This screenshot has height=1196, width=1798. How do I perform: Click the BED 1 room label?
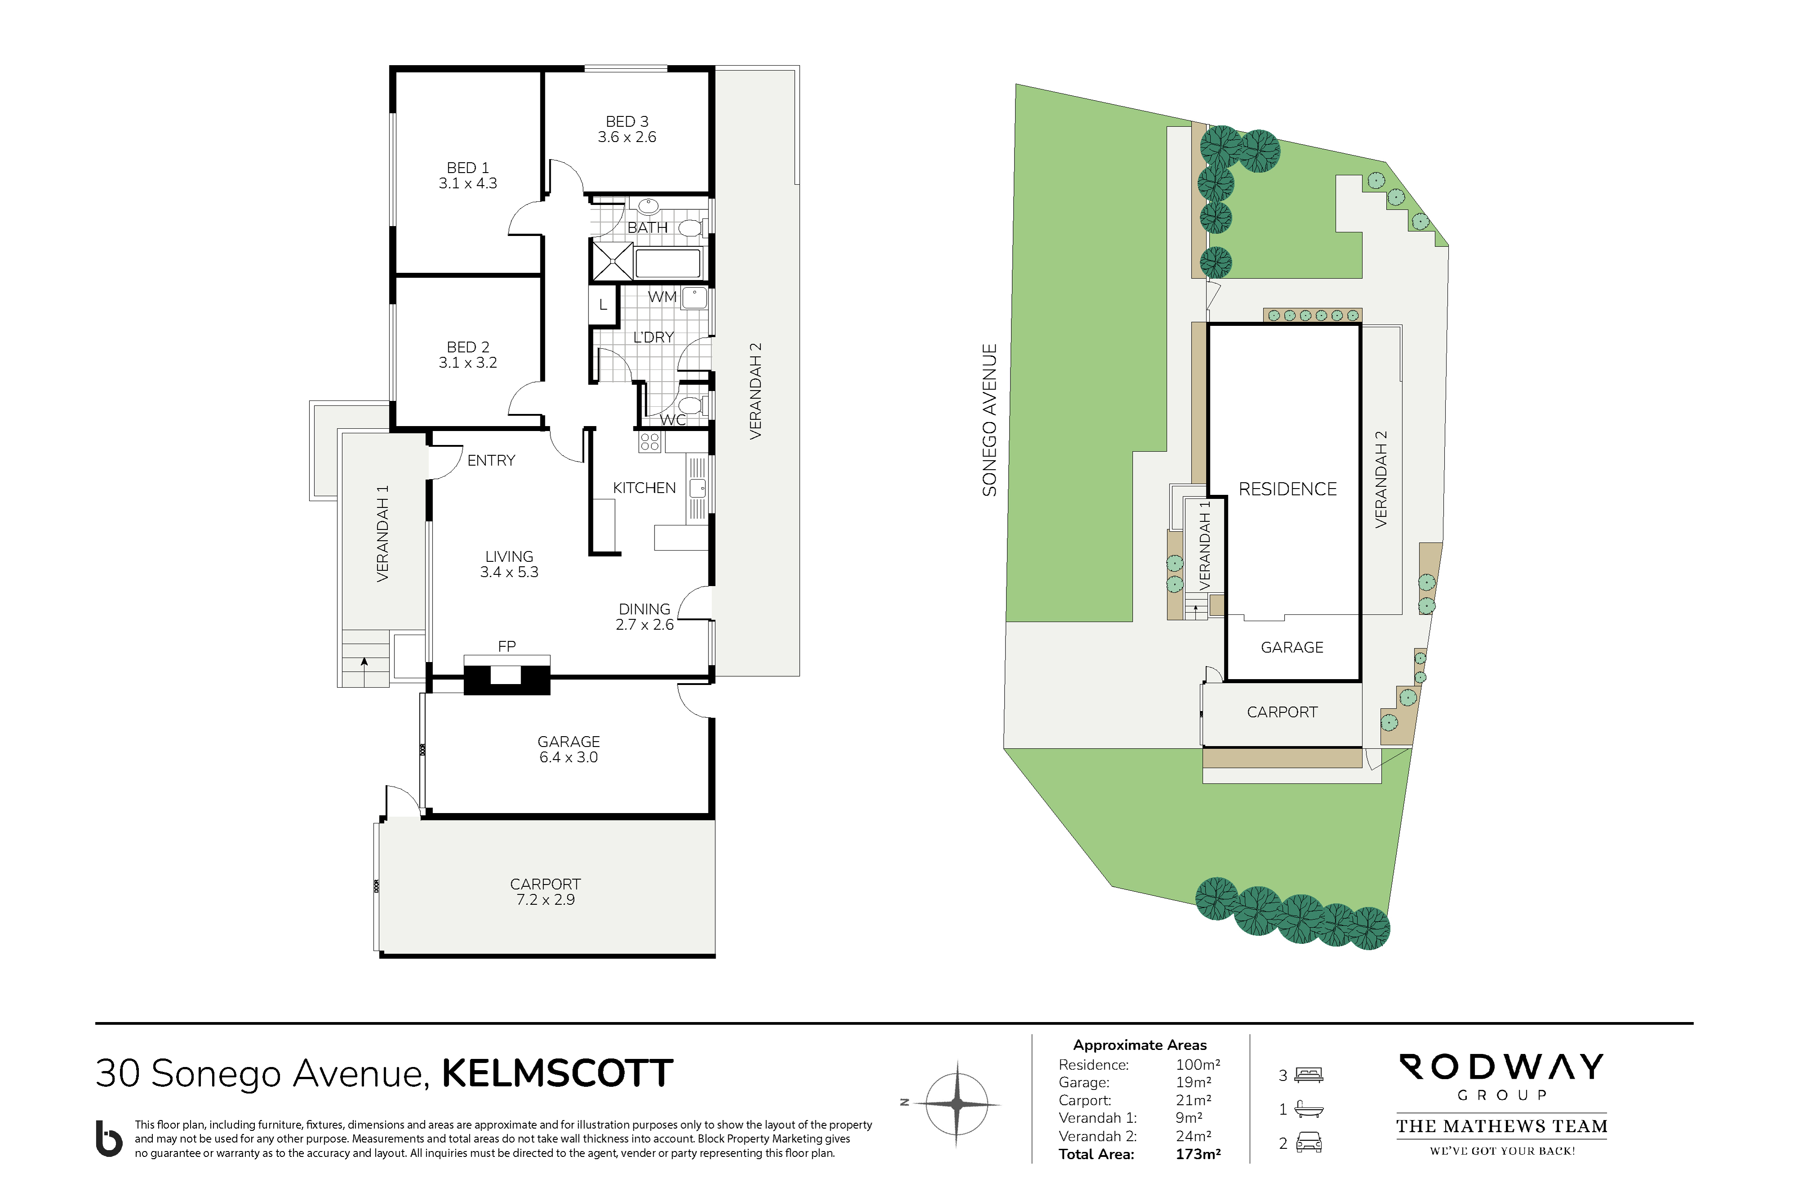(467, 168)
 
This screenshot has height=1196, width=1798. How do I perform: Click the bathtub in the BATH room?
(668, 263)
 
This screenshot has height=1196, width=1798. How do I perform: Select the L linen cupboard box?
(603, 305)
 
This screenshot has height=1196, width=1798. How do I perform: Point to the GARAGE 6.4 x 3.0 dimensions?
(568, 757)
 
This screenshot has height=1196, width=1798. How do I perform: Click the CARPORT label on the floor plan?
(545, 884)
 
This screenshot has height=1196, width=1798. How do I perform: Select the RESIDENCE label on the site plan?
(1288, 489)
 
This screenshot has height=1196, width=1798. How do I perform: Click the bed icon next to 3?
(1309, 1076)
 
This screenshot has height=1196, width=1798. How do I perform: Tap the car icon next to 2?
(1309, 1143)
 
